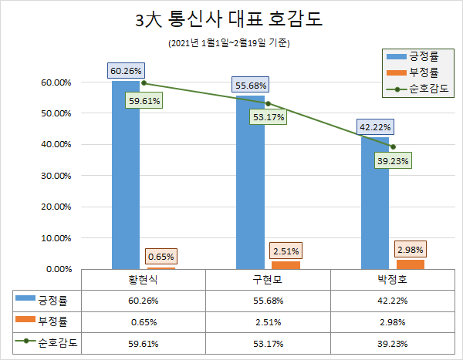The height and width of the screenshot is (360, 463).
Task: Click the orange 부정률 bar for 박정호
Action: click(x=410, y=264)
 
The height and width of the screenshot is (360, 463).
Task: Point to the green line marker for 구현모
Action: click(x=268, y=103)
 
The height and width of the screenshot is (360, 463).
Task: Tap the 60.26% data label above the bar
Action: click(x=125, y=71)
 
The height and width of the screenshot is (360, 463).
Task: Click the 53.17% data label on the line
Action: click(x=268, y=117)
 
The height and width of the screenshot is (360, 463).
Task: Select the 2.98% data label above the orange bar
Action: click(x=410, y=250)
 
